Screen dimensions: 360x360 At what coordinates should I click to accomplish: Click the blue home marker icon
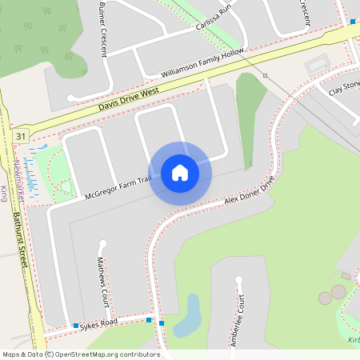(x=180, y=173)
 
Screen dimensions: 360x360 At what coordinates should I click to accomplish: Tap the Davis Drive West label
(x=129, y=99)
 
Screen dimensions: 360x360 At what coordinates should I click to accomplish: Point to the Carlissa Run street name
(x=213, y=18)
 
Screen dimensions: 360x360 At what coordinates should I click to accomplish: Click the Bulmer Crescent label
(x=102, y=28)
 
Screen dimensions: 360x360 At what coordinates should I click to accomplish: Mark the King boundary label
(x=4, y=192)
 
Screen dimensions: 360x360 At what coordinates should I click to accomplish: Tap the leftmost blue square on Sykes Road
(x=76, y=326)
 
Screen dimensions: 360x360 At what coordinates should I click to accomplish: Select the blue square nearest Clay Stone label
(x=353, y=22)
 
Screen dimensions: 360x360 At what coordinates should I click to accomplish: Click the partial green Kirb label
(x=354, y=340)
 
